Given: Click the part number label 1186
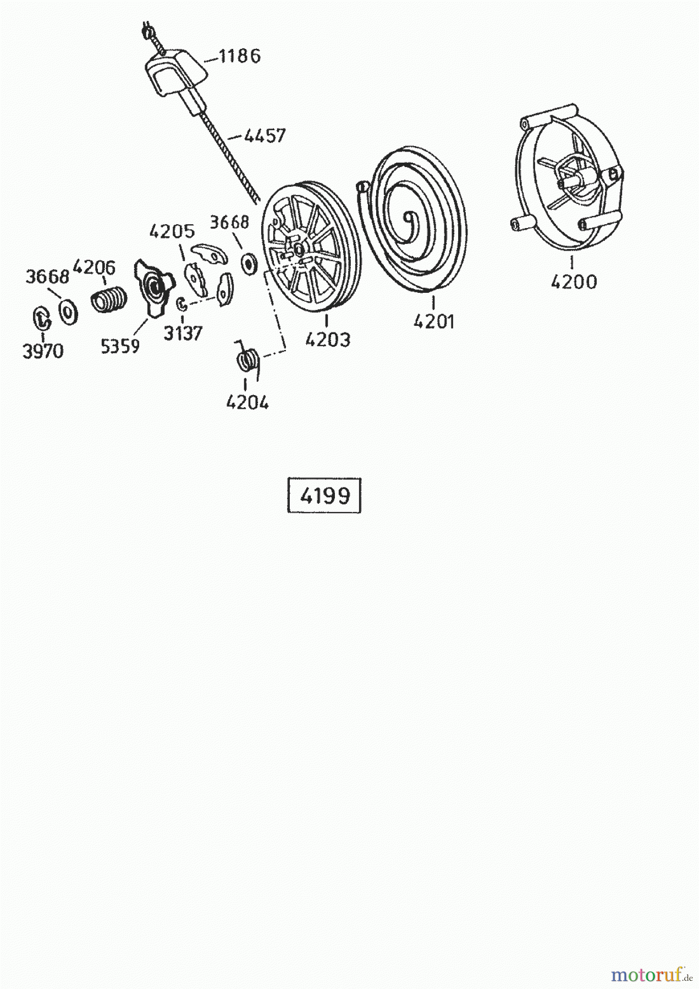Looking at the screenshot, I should point(240,56).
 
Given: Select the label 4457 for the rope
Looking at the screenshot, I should point(265,135).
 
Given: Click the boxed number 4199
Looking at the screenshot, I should point(324,496).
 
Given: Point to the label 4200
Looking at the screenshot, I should point(573,282).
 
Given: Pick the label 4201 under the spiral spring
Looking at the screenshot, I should point(434,321).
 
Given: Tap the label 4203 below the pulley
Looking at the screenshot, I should point(327,340).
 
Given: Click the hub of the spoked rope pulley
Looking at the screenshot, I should point(299,250).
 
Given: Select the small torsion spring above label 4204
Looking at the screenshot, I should point(247,360).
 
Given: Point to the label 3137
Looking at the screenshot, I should point(183,333).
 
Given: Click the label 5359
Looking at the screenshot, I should point(120,346).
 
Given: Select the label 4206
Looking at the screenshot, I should point(94,268).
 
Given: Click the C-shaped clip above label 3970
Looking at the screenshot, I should point(41,319).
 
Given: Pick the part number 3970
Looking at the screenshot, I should point(43,352).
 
